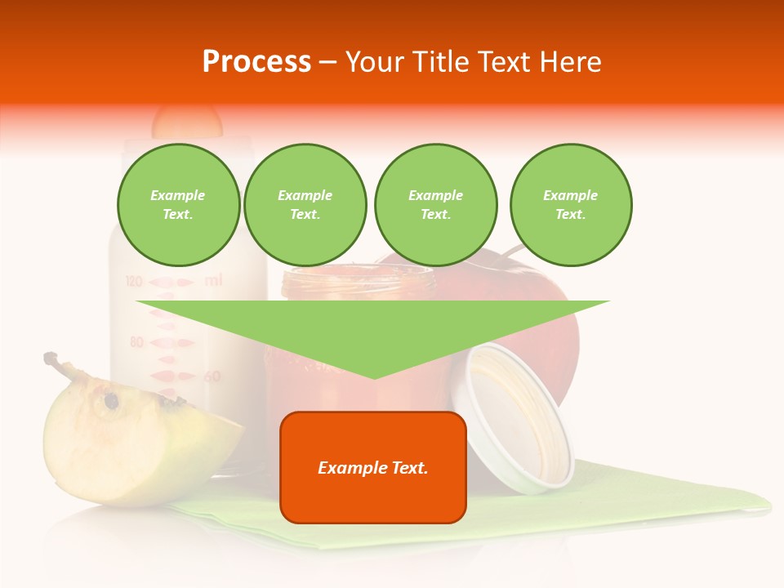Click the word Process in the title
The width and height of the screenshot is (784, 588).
[x=256, y=62]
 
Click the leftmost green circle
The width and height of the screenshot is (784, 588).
[x=178, y=205]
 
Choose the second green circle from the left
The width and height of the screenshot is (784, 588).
[x=305, y=205]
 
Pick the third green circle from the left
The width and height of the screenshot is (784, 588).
[x=435, y=205]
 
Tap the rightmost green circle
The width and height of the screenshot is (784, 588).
[x=570, y=205]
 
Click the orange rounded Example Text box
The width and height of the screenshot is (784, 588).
[x=372, y=467]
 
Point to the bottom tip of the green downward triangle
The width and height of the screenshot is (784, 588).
[x=374, y=377]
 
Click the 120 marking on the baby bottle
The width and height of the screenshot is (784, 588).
[x=135, y=282]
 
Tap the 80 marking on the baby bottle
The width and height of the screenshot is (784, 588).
[x=137, y=341]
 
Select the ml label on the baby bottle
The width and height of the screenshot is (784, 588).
[x=213, y=281]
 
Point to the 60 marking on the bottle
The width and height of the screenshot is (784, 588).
[x=212, y=376]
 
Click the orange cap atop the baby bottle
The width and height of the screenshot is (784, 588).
[x=187, y=121]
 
